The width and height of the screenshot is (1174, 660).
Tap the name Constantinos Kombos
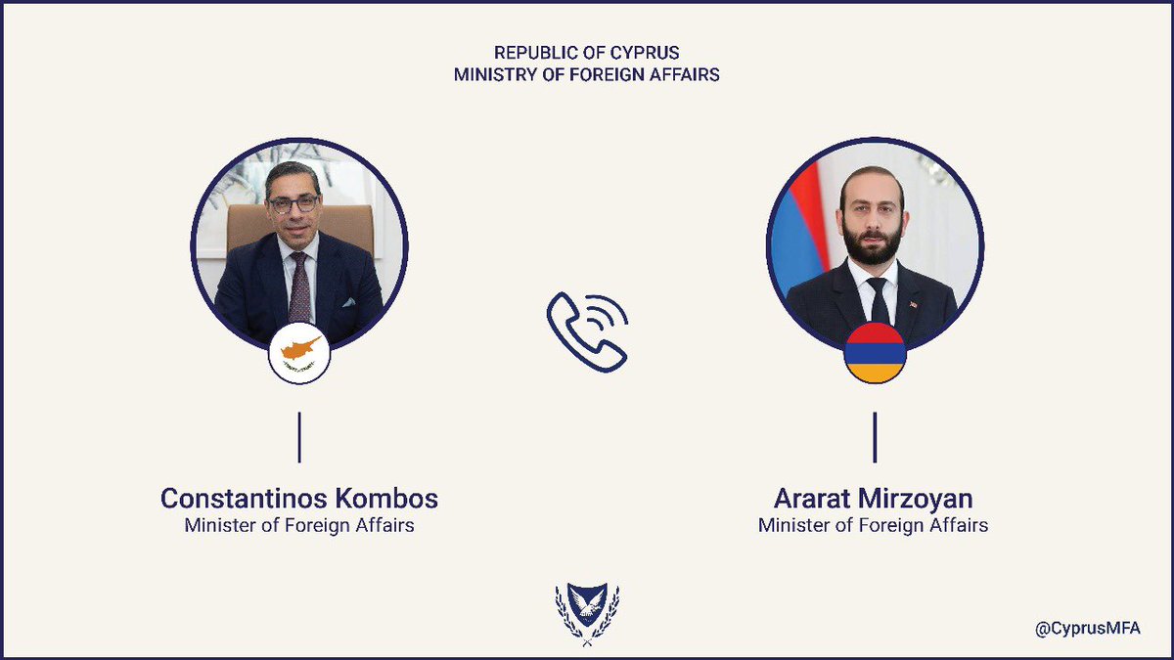click(299, 499)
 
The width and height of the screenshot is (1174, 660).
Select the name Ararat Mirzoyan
click(874, 499)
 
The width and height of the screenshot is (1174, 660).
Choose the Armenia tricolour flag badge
click(875, 351)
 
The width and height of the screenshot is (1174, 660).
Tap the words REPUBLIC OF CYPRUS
click(587, 52)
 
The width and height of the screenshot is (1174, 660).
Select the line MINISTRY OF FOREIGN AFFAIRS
click(587, 74)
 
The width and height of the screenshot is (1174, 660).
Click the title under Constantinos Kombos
click(299, 526)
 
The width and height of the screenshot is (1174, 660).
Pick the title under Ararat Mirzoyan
click(874, 526)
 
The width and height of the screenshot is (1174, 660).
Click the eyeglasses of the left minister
click(293, 204)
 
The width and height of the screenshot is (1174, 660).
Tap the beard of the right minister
click(870, 244)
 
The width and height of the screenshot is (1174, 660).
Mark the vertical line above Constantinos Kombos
click(299, 437)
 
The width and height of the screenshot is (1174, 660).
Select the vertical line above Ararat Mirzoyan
click(875, 437)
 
